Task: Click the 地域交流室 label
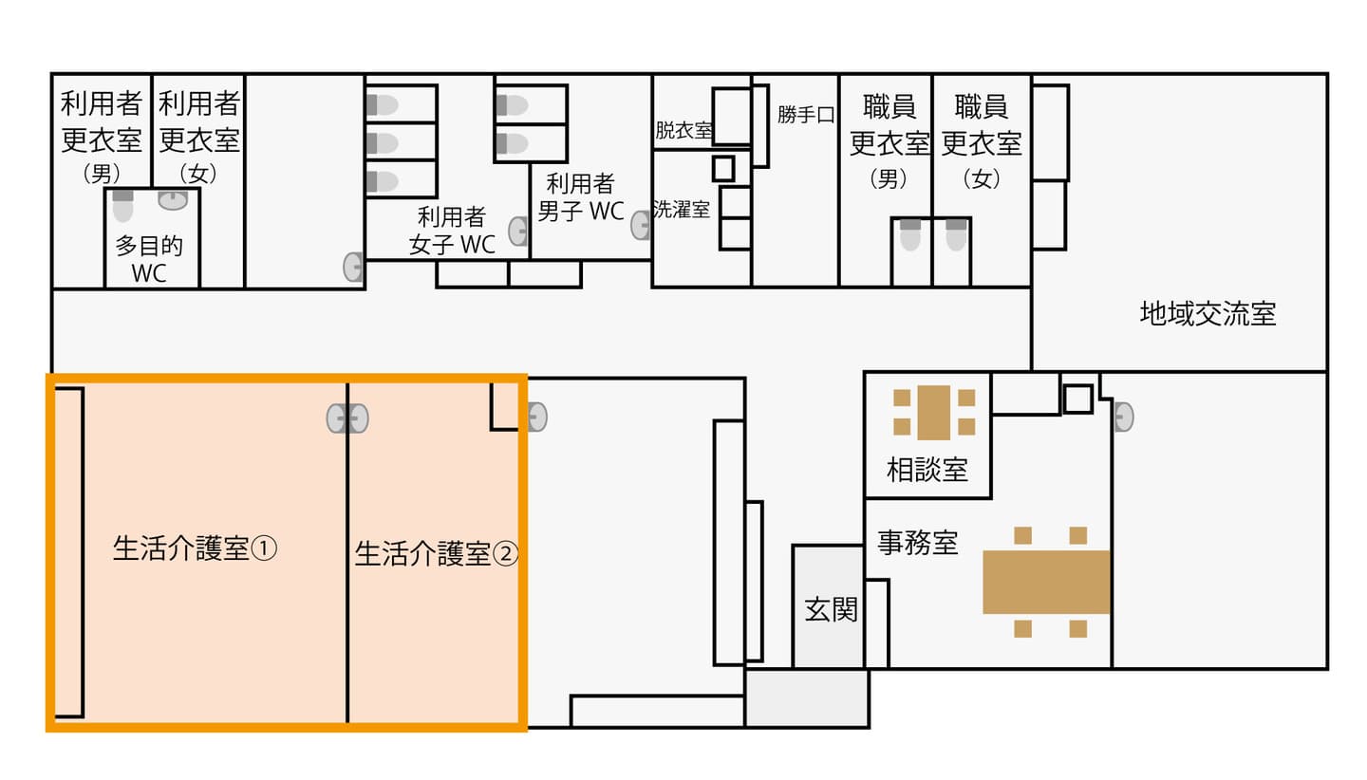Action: pos(1208,313)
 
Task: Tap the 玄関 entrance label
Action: pos(831,610)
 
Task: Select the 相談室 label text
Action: pos(927,471)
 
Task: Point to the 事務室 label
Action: pos(917,542)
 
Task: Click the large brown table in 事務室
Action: pos(1046,582)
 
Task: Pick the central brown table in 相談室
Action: pos(934,412)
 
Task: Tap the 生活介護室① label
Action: pos(195,548)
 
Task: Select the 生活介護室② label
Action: pos(437,554)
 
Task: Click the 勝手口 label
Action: pos(806,115)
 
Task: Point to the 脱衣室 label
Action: pos(683,130)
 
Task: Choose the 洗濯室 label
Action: pos(681,209)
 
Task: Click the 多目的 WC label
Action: pos(149,259)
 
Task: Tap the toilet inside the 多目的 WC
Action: pos(122,206)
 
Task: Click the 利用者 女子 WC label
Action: pos(452,231)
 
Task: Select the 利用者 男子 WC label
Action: pos(580,197)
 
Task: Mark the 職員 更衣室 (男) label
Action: pos(889,141)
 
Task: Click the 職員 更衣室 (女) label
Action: pos(982,141)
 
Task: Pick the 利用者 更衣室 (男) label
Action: pos(102,138)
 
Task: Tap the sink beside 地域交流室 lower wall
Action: pos(1124,418)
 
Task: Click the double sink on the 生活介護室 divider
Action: pos(347,418)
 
